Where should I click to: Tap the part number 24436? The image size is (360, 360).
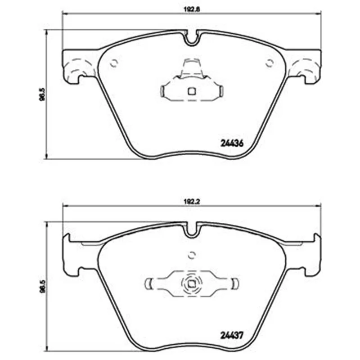(x=231, y=144)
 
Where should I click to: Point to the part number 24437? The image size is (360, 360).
(x=231, y=336)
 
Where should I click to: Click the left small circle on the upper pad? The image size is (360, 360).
(x=114, y=63)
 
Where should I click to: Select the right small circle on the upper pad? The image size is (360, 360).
(x=270, y=63)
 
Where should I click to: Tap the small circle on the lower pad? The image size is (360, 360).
(x=192, y=255)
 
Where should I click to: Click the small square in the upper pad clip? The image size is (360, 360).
(x=192, y=91)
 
